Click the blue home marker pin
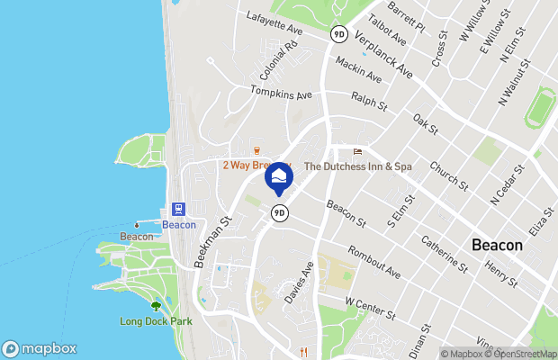pos(280,176)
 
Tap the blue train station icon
pos(178,208)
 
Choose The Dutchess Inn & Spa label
pos(357,166)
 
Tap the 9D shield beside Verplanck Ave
pos(339,32)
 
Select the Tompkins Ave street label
pos(281,93)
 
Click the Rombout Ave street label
pos(373,262)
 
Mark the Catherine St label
pos(442,255)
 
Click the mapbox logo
pos(39,348)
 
